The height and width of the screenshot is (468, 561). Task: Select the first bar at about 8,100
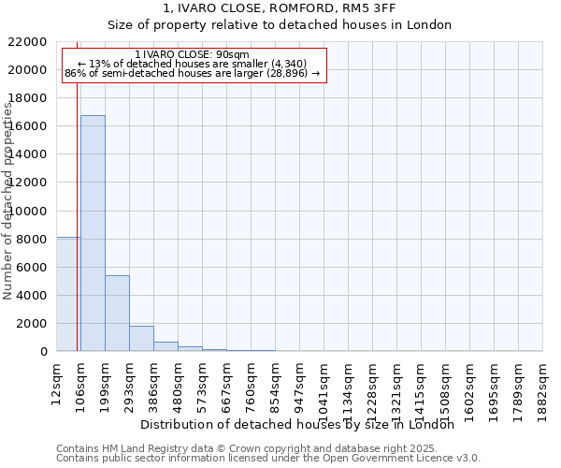coord(68,294)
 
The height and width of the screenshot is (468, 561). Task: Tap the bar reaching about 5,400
coord(117,313)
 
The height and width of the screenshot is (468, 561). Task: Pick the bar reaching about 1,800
coord(141,338)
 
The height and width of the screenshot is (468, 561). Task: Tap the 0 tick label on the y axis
coord(44,352)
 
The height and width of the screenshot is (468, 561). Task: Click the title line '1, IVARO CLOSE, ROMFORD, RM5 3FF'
coord(280,8)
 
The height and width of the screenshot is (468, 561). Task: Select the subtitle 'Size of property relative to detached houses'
coord(280,25)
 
